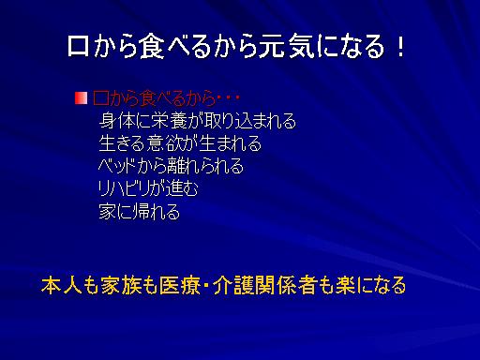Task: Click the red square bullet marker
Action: pyautogui.click(x=81, y=98)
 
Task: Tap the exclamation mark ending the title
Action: pyautogui.click(x=400, y=46)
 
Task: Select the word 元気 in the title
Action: pyautogui.click(x=288, y=46)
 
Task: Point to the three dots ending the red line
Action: pyautogui.click(x=229, y=98)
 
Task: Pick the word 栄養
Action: pyautogui.click(x=169, y=121)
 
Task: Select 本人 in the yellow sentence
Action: pyautogui.click(x=61, y=285)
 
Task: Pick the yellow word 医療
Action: pyautogui.click(x=179, y=285)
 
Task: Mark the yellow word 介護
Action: pyautogui.click(x=233, y=285)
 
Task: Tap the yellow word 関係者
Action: pyautogui.click(x=286, y=285)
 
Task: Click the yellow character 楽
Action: pyautogui.click(x=346, y=285)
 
